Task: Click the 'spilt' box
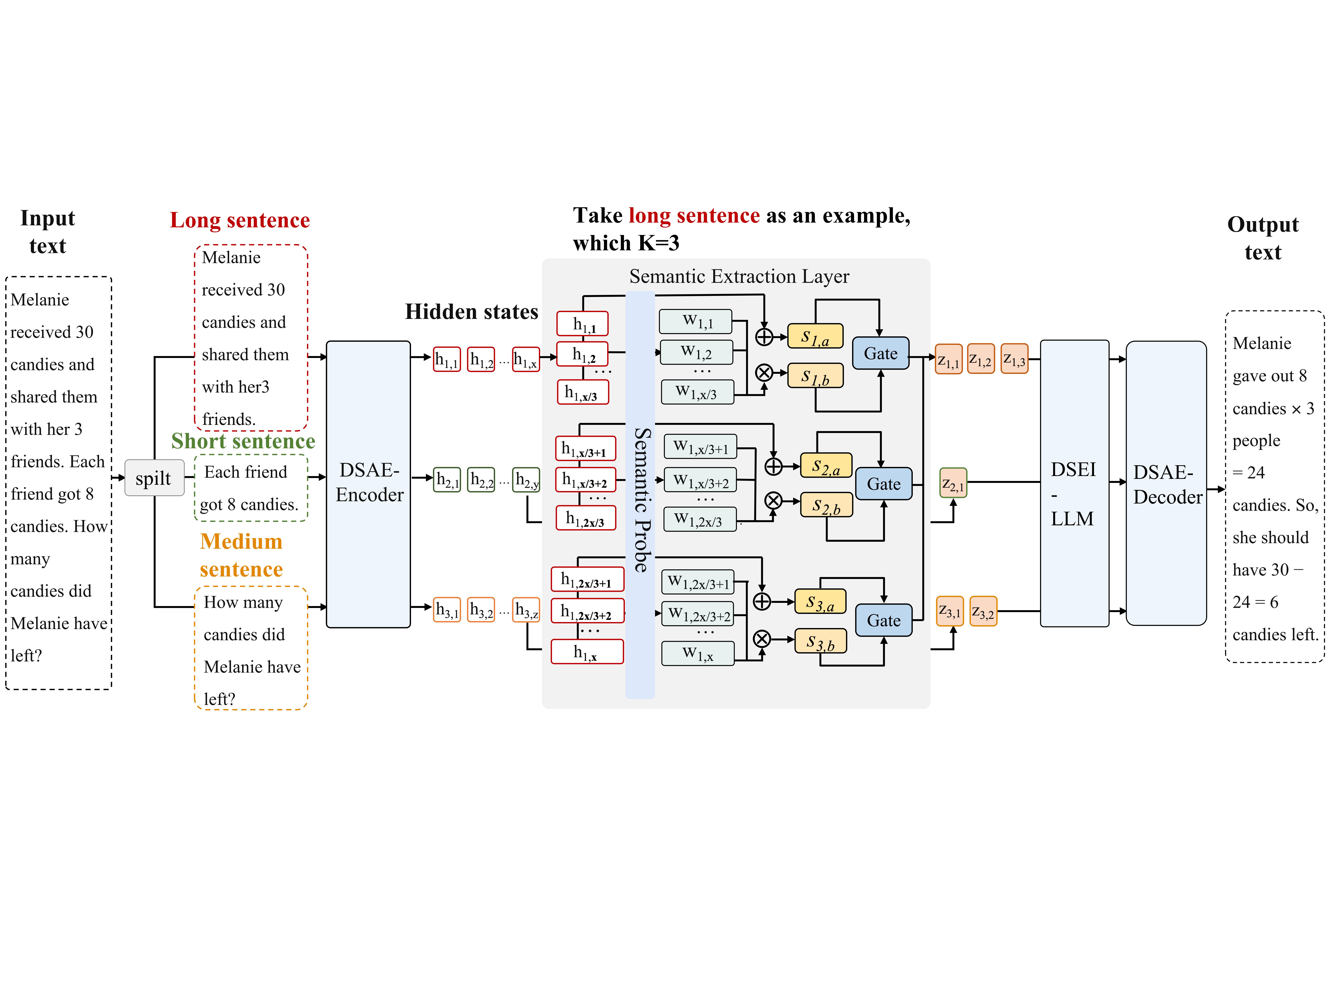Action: pos(154,478)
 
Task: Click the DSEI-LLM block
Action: pos(1074,483)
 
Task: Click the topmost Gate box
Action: pos(881,354)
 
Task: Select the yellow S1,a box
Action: pos(815,336)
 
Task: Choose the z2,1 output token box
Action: pos(953,483)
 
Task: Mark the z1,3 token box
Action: pos(1015,359)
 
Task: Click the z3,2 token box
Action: pos(983,611)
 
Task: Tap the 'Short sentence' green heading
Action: pos(243,441)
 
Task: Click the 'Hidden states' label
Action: pos(472,312)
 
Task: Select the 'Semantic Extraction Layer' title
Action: pos(739,277)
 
